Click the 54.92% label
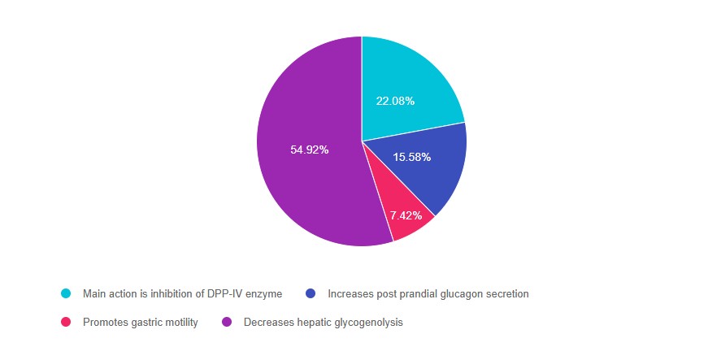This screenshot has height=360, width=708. (309, 150)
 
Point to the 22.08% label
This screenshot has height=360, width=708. (395, 101)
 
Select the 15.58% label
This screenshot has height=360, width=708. (411, 156)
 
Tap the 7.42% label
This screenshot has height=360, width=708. (406, 215)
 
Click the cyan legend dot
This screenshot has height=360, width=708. (66, 293)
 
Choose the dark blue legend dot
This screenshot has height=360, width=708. (310, 293)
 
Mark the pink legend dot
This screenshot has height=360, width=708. (66, 323)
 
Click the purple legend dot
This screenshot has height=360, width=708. (227, 323)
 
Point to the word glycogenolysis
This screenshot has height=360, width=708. (365, 323)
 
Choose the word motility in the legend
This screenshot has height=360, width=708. (180, 323)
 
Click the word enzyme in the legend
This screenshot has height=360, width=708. (264, 293)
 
